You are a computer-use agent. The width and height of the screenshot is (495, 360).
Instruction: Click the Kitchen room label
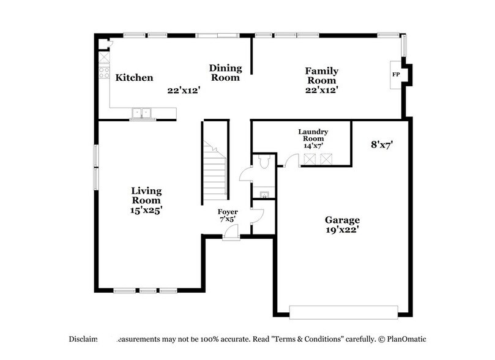point(134,78)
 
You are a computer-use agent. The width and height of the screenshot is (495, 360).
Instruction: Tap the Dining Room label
point(225,73)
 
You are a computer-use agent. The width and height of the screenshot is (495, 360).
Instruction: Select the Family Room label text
point(321,76)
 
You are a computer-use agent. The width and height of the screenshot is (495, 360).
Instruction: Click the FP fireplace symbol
point(396,75)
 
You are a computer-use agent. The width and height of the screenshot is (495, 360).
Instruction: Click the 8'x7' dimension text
point(382,145)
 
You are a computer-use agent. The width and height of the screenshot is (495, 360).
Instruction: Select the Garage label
point(341,220)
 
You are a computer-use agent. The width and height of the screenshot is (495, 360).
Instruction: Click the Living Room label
point(146,195)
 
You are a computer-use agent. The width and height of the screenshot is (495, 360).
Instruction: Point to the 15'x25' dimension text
point(146,209)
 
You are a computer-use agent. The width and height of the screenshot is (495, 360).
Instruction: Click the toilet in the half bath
point(264,163)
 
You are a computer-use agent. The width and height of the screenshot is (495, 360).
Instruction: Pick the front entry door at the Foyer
point(231,233)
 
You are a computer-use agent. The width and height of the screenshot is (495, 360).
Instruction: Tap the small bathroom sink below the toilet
point(264,195)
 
